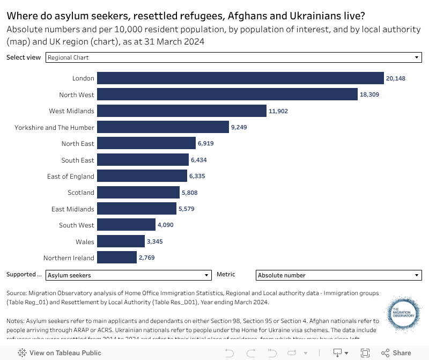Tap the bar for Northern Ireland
point(117,258)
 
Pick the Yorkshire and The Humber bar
point(163,127)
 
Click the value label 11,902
point(279,111)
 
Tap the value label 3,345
point(154,241)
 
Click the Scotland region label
point(80,193)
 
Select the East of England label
point(70,176)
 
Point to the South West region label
point(77,225)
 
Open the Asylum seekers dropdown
point(128,275)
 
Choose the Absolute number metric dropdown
point(338,275)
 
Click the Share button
point(396,353)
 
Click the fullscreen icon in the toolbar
point(365,353)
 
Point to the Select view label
point(24,57)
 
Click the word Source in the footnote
point(16,293)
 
